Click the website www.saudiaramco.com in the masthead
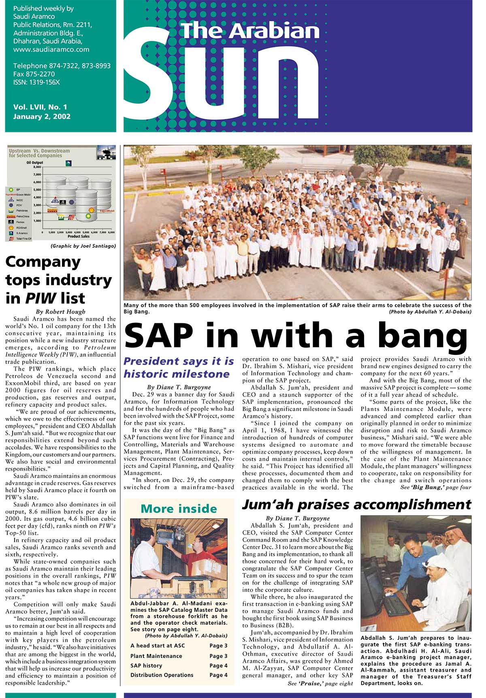tap(51, 49)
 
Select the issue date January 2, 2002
tap(42, 117)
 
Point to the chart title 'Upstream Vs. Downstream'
tap(39, 151)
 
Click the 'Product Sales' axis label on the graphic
tap(79, 236)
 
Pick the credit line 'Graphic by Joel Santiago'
tap(83, 246)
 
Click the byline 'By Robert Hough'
tap(61, 312)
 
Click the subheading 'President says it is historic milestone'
tap(179, 367)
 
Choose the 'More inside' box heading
tap(179, 509)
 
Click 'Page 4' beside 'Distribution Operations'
tap(218, 675)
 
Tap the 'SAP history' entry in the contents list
tap(146, 665)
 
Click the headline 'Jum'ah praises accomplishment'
tap(356, 505)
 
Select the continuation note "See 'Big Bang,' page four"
tap(436, 488)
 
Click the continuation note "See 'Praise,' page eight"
tap(320, 683)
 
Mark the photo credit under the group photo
tap(430, 312)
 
